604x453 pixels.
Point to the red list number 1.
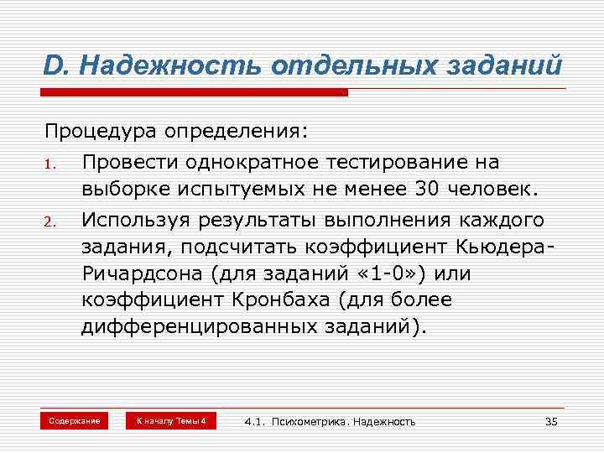(x=50, y=163)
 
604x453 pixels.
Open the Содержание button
(x=75, y=420)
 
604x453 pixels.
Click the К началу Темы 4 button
(x=171, y=420)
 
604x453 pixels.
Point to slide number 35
(x=551, y=421)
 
